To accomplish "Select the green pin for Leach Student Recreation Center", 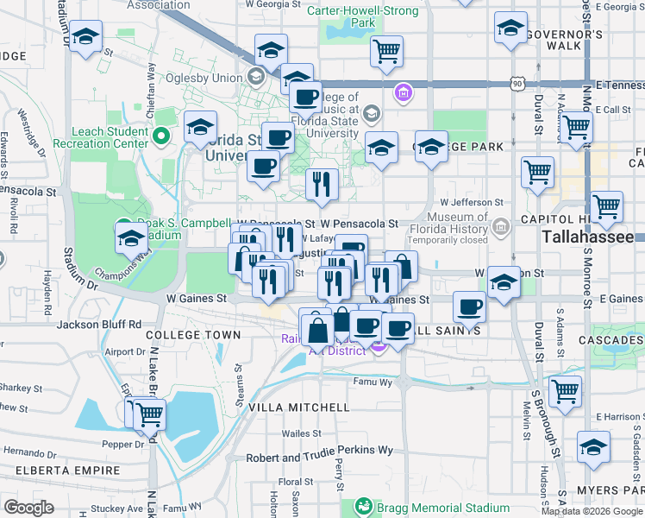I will coord(160,136).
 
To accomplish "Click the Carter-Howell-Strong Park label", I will coord(368,16).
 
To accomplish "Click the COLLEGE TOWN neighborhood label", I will coord(193,334).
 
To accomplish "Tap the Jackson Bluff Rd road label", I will coord(98,325).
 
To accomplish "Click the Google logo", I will coord(28,508).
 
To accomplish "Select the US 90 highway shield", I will coord(517,84).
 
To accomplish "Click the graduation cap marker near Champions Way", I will coord(131,239).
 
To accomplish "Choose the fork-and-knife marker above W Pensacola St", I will coord(322,185).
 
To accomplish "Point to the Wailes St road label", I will coord(301,434).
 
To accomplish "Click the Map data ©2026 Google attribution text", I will coord(592,511).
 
